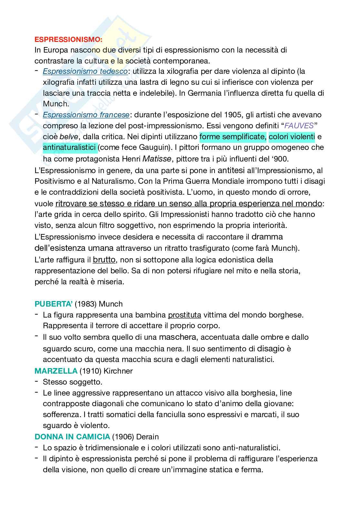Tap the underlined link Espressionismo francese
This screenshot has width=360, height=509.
[86, 115]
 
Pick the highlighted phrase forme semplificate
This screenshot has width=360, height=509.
[233, 137]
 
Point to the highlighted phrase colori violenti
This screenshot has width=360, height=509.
[292, 137]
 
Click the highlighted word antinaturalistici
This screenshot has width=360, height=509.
[69, 148]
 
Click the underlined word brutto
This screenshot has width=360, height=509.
[104, 259]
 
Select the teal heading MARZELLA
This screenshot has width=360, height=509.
[56, 371]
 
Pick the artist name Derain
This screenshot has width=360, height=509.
[148, 437]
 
